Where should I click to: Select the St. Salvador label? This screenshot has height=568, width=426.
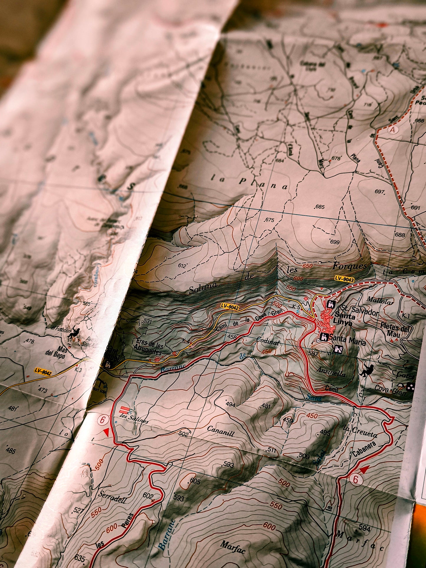(x=360, y=311)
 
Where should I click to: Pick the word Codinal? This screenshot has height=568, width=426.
(x=268, y=341)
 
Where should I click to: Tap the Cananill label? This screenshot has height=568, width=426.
(x=221, y=431)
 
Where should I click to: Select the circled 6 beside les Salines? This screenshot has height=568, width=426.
(x=102, y=420)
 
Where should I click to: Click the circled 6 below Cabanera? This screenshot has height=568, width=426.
(x=356, y=480)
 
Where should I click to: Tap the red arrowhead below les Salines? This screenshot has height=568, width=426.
(x=106, y=432)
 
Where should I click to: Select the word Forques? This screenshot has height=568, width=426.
(x=350, y=266)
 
